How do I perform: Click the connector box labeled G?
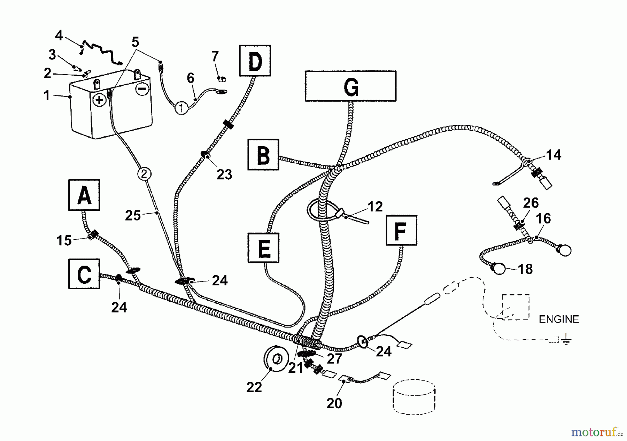click(x=350, y=86)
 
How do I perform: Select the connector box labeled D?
click(x=255, y=61)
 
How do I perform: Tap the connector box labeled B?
click(x=263, y=155)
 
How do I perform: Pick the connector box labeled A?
click(x=84, y=195)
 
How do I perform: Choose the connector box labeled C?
click(x=84, y=274)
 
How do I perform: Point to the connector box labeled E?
click(x=263, y=248)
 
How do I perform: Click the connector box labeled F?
click(x=401, y=230)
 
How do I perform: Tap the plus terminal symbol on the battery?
click(x=100, y=100)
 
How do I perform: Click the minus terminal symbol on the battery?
click(x=142, y=89)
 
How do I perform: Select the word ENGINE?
click(x=559, y=319)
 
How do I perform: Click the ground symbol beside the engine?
click(x=566, y=339)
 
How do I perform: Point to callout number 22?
click(x=254, y=387)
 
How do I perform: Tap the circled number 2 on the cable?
click(x=145, y=173)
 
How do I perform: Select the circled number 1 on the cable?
click(x=181, y=108)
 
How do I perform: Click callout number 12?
click(x=375, y=207)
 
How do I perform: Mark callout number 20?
click(x=334, y=403)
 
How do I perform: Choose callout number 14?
click(x=554, y=155)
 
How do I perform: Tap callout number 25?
click(x=133, y=215)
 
